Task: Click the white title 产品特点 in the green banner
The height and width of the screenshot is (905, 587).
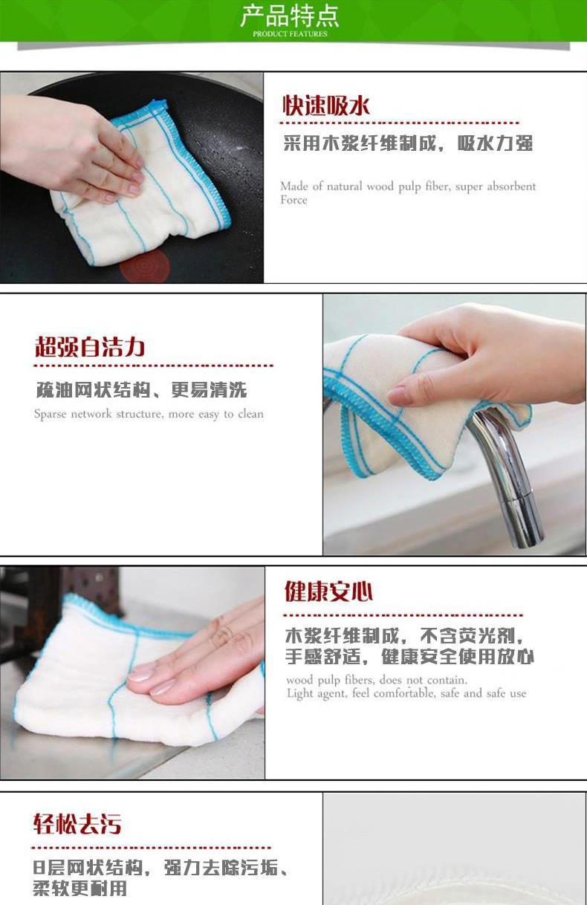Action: coord(290,16)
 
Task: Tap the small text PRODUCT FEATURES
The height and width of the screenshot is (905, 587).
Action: coord(290,34)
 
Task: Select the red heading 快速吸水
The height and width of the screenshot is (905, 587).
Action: coord(325,106)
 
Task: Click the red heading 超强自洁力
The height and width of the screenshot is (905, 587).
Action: coord(90,347)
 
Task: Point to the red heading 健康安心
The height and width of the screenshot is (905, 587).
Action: coord(328,591)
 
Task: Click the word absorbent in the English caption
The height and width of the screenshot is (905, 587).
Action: coord(511,186)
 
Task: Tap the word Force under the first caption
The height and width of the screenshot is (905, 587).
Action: coord(293,200)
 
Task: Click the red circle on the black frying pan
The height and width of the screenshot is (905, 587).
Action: coord(145,265)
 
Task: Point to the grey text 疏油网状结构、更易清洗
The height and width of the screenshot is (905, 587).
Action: coord(141,390)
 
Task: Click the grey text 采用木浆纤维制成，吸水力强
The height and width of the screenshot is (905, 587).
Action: coord(408,143)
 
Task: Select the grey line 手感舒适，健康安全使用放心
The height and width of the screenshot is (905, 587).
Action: coord(409,657)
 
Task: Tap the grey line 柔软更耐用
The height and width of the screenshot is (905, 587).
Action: coord(80,888)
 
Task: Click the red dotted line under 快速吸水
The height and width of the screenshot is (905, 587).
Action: coord(399,123)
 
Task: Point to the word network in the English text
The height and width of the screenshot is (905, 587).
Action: coord(91,414)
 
